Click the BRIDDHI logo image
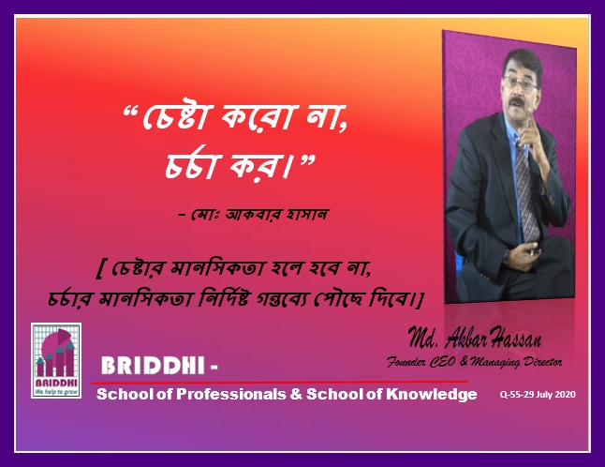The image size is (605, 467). [56, 360]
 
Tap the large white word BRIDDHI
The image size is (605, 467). [153, 366]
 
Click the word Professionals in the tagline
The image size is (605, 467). [231, 395]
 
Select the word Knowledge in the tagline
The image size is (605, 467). [432, 395]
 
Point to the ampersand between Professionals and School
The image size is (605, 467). [296, 394]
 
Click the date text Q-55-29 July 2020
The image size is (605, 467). [538, 395]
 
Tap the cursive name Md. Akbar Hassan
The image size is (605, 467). [475, 338]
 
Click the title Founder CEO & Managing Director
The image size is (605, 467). [475, 362]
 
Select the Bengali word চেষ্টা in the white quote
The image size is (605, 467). [176, 116]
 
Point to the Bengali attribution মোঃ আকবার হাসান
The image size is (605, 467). [259, 214]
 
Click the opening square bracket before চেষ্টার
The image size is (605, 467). [100, 269]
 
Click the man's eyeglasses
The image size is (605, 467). [521, 83]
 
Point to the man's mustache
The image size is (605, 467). [517, 102]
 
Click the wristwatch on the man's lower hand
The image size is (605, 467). [507, 256]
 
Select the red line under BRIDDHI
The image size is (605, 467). [279, 383]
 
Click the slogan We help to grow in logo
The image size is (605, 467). [56, 392]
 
